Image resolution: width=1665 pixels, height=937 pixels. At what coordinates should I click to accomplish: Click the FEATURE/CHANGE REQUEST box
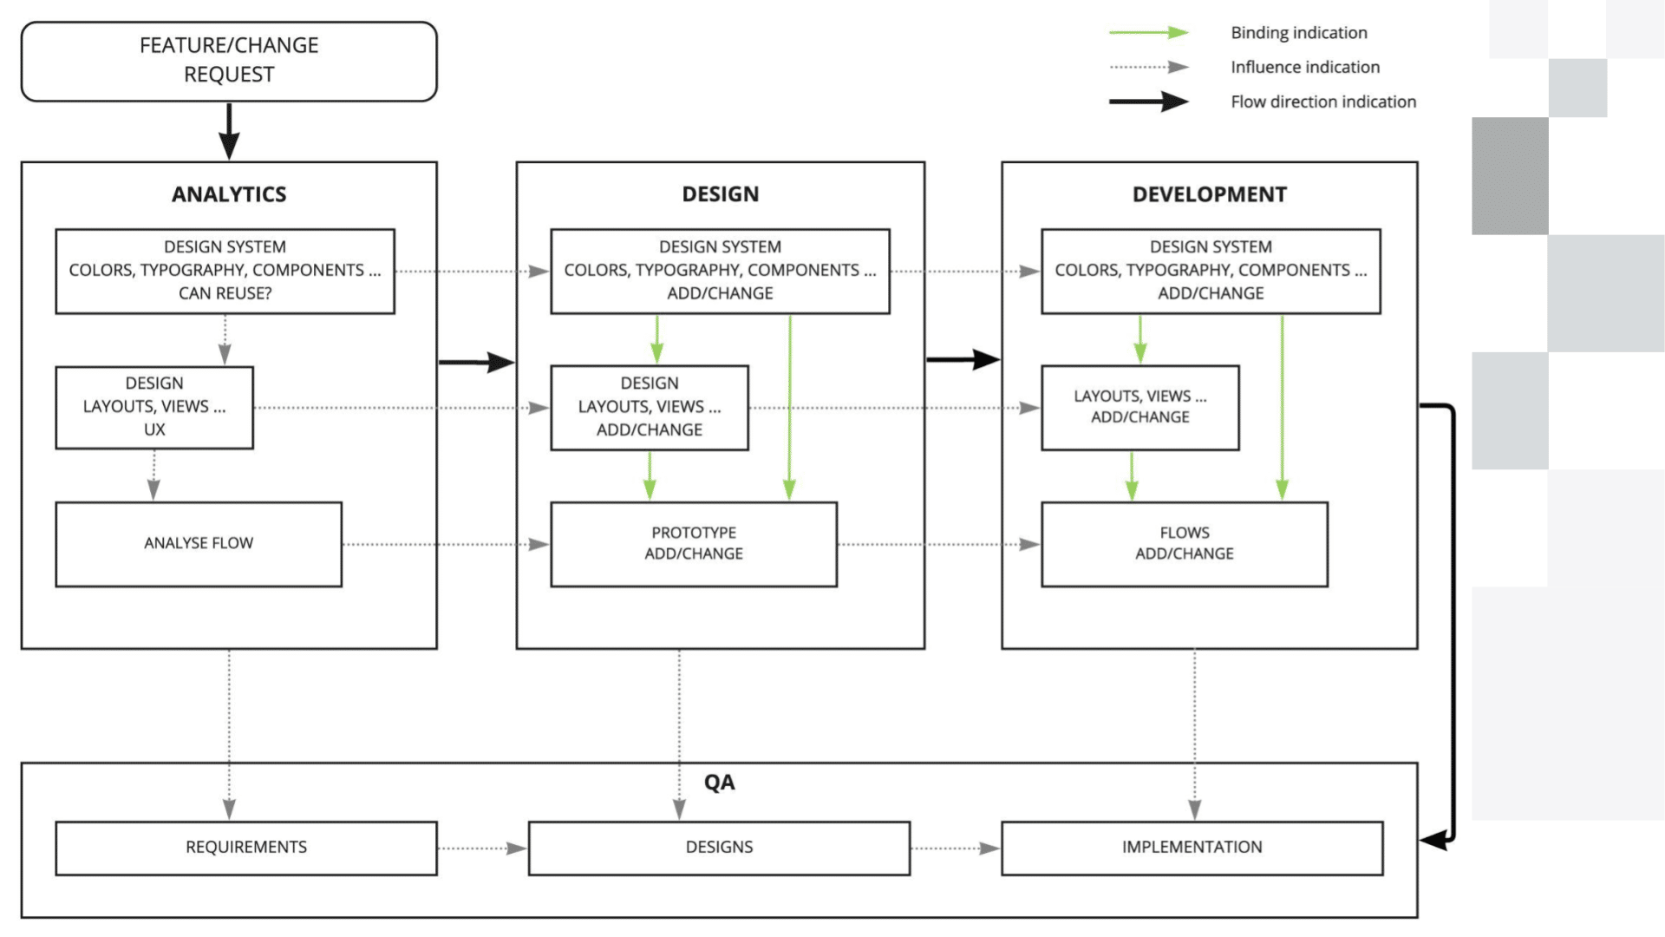pyautogui.click(x=229, y=61)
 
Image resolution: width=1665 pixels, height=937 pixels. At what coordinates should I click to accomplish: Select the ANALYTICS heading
pyautogui.click(x=229, y=194)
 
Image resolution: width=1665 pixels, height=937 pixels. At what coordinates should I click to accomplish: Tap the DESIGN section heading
pyautogui.click(x=720, y=194)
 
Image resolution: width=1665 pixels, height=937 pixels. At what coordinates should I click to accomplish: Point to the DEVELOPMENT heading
pyautogui.click(x=1209, y=194)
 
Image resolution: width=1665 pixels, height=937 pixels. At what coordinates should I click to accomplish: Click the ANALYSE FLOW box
pyautogui.click(x=199, y=544)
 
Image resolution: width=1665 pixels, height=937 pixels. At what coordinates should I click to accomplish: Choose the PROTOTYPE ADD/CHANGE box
pyautogui.click(x=694, y=544)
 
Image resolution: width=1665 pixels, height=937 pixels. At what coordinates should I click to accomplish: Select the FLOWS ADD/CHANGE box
pyautogui.click(x=1184, y=544)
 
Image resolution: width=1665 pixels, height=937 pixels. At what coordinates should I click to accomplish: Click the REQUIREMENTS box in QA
pyautogui.click(x=246, y=848)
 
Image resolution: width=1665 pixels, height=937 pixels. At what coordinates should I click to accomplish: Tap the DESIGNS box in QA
pyautogui.click(x=719, y=848)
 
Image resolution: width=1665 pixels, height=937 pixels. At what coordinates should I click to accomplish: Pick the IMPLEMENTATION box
pyautogui.click(x=1192, y=848)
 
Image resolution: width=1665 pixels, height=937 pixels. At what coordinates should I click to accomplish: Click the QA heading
pyautogui.click(x=719, y=783)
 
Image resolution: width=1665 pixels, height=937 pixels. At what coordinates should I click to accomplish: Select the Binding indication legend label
pyautogui.click(x=1298, y=33)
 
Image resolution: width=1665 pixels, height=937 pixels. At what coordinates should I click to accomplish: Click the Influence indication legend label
pyautogui.click(x=1304, y=68)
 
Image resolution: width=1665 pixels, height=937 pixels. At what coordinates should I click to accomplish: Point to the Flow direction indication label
pyautogui.click(x=1322, y=102)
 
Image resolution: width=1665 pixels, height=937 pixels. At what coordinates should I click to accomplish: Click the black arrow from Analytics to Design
pyautogui.click(x=476, y=362)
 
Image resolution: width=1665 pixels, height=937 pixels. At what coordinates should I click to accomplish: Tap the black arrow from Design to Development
pyautogui.click(x=963, y=359)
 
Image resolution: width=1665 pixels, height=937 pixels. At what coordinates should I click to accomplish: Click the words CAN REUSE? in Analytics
pyautogui.click(x=225, y=294)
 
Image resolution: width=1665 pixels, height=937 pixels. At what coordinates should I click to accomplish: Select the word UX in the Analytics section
pyautogui.click(x=154, y=430)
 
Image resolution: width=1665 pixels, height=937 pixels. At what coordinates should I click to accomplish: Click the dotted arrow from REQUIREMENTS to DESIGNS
pyautogui.click(x=482, y=849)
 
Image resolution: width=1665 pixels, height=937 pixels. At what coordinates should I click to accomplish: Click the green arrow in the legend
pyautogui.click(x=1148, y=33)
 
